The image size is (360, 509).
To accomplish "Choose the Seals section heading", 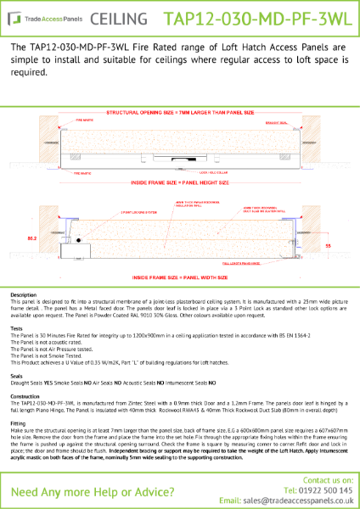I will (16, 374).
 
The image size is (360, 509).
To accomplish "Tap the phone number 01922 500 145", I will (321, 489).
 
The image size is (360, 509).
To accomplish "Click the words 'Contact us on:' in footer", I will (319, 479).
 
